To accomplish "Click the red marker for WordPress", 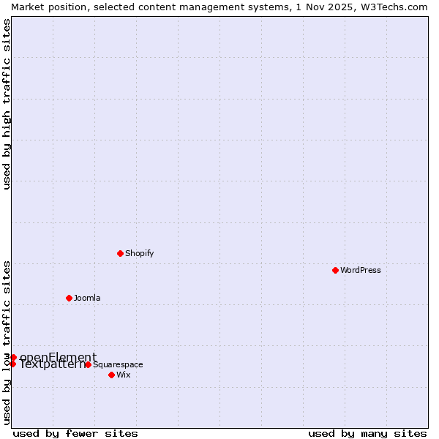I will [335, 270].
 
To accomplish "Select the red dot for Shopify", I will [120, 253].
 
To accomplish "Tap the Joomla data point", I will [69, 298].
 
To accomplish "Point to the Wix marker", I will [111, 375].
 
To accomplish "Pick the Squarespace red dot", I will [88, 364].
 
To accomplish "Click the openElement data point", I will [13, 357].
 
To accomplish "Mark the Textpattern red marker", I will [12, 364].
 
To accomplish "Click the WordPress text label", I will [361, 270].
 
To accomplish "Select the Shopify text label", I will [139, 253].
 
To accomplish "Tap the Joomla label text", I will [87, 298].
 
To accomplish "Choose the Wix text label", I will [124, 375].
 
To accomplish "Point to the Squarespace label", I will [118, 364].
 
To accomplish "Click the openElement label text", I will [58, 357].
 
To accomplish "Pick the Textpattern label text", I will [51, 364].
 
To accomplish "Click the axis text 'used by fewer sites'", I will [75, 433].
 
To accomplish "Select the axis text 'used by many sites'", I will [367, 433].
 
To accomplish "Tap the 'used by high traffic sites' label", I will [7, 104].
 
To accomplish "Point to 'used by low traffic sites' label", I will [7, 342].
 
